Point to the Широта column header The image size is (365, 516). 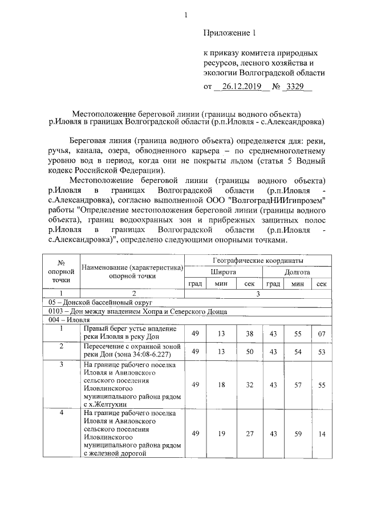click(x=224, y=272)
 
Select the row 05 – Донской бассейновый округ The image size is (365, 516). click(x=101, y=302)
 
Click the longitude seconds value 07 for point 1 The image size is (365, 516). click(x=321, y=333)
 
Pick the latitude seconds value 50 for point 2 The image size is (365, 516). click(x=249, y=351)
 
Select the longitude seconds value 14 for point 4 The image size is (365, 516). click(x=321, y=433)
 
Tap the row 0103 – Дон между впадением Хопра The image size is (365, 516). click(x=138, y=311)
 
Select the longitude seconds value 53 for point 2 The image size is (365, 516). click(x=321, y=351)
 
